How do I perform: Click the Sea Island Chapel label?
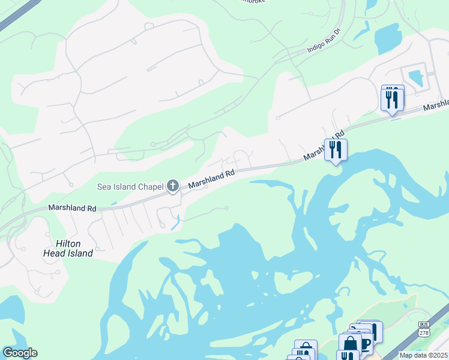[x=131, y=187]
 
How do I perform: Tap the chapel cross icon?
[x=173, y=187]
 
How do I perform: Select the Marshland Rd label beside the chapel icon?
[x=211, y=179]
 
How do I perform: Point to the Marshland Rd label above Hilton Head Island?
[x=72, y=208]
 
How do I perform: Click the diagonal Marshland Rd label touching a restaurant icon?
[x=323, y=145]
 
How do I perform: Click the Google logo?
[x=20, y=353]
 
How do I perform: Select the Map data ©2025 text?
[x=423, y=355]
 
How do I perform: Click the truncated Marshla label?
[x=435, y=106]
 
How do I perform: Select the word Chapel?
[x=151, y=187]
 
